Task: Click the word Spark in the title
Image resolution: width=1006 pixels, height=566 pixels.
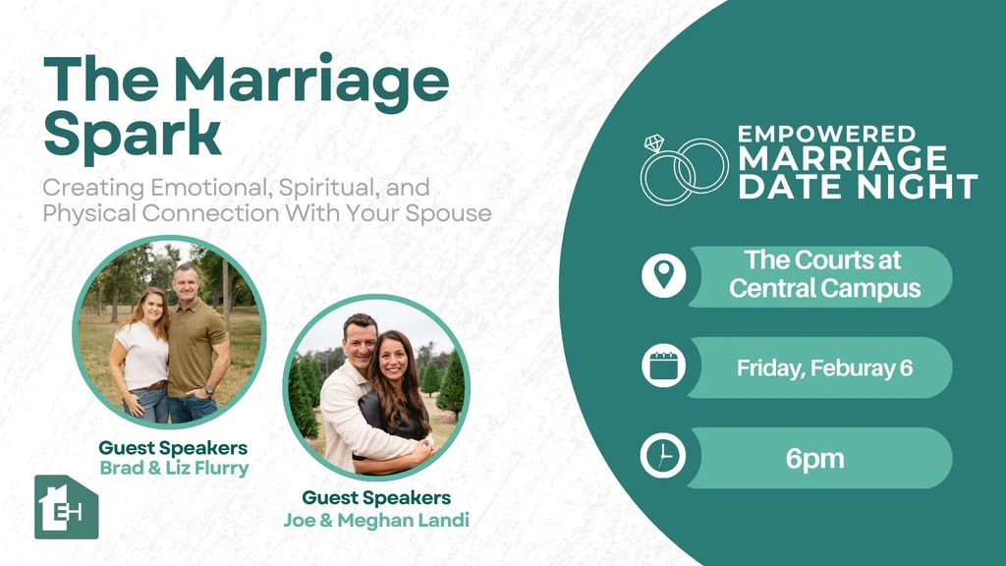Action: [x=133, y=134]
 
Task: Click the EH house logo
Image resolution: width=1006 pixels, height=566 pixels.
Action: [x=66, y=507]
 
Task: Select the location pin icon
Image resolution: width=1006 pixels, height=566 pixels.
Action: [x=663, y=275]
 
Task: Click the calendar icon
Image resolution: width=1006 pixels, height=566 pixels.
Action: [x=663, y=367]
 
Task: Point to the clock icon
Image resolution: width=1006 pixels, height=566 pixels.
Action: [x=663, y=456]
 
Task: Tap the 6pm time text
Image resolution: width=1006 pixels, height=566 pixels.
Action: [x=814, y=459]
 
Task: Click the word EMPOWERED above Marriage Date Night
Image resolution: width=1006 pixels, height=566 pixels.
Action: [x=826, y=134]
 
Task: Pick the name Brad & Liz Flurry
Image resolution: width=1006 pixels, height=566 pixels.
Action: [x=174, y=469]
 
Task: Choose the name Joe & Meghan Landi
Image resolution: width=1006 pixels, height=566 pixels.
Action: [x=376, y=520]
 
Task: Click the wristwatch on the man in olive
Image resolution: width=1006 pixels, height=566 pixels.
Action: [x=208, y=389]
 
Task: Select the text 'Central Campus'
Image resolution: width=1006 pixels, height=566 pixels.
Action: [x=824, y=288]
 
